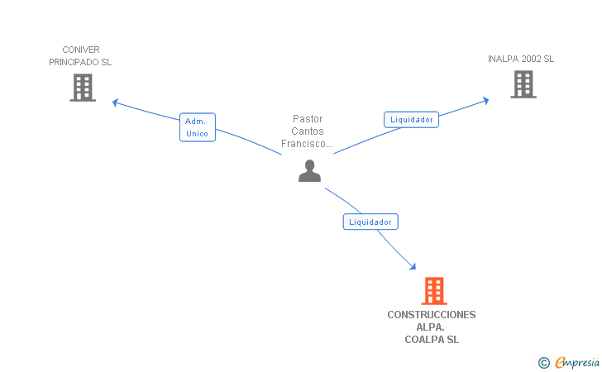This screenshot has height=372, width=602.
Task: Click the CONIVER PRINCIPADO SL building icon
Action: pyautogui.click(x=83, y=88)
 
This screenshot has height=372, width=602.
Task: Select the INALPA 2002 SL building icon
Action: pyautogui.click(x=523, y=84)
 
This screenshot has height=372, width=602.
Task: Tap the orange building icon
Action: pyautogui.click(x=433, y=291)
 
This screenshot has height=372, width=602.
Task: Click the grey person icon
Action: pyautogui.click(x=309, y=171)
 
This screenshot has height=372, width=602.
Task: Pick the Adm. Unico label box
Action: pyautogui.click(x=197, y=127)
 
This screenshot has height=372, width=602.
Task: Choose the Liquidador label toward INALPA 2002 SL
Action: pyautogui.click(x=412, y=119)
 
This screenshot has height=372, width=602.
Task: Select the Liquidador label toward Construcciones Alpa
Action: pyautogui.click(x=370, y=222)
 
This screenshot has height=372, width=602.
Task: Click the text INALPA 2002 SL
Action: pyautogui.click(x=521, y=59)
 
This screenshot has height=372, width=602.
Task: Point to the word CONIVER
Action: pyautogui.click(x=80, y=50)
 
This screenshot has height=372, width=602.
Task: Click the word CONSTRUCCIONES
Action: pyautogui.click(x=432, y=315)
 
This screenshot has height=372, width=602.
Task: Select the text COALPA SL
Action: pyautogui.click(x=432, y=340)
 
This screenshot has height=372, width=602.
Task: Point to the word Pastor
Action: pyautogui.click(x=308, y=119)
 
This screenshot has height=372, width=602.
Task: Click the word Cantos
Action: pyautogui.click(x=308, y=131)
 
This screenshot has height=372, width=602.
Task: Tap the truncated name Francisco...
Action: pyautogui.click(x=307, y=144)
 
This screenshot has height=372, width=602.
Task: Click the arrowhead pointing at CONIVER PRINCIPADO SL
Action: pyautogui.click(x=116, y=102)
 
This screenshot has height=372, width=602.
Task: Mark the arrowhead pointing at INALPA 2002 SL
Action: pyautogui.click(x=485, y=100)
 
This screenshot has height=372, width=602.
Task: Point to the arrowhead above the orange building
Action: pyautogui.click(x=413, y=267)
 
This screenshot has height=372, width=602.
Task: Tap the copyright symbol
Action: pyautogui.click(x=543, y=362)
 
